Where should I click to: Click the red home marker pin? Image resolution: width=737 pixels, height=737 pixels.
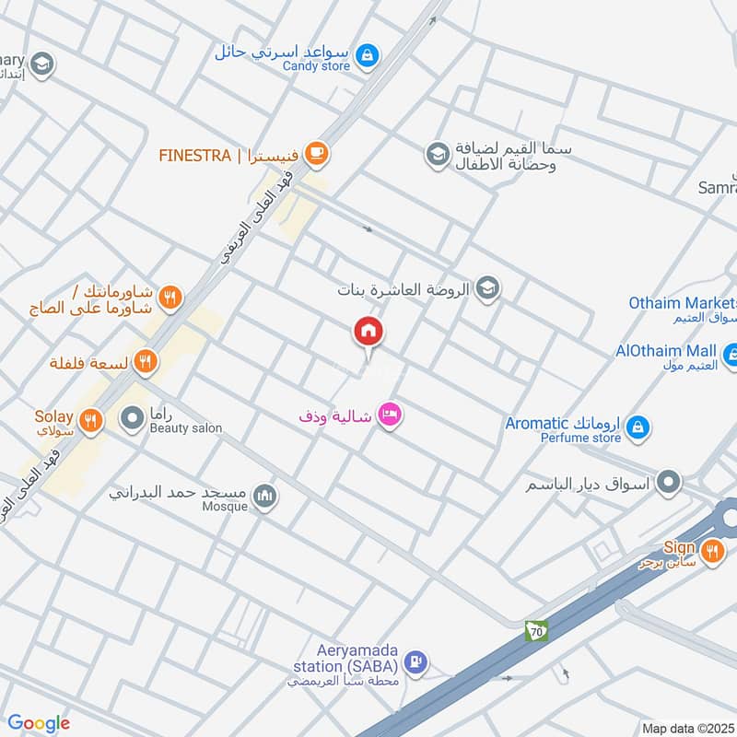coord(368,332)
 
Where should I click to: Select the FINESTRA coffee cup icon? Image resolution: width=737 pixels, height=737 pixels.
coord(317,153)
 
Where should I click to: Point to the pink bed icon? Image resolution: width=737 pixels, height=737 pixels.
coord(391,416)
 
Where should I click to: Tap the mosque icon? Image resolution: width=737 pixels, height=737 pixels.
coord(265,496)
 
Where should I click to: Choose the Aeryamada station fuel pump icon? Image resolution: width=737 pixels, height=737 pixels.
coord(416,661)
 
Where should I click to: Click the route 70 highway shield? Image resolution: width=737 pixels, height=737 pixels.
coord(536,631)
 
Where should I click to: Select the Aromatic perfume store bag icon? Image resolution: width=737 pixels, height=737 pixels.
coord(637,427)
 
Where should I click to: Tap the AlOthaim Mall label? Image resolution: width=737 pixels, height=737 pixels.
coord(666,351)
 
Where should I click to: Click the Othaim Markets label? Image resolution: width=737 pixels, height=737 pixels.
coord(683,303)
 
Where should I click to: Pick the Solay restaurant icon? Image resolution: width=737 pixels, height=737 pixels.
coord(90,421)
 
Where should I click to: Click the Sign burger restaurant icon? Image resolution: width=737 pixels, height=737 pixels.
coord(711,552)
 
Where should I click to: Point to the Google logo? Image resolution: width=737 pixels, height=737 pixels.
coord(39,723)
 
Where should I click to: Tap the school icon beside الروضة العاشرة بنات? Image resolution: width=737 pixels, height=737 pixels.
coord(487,289)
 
